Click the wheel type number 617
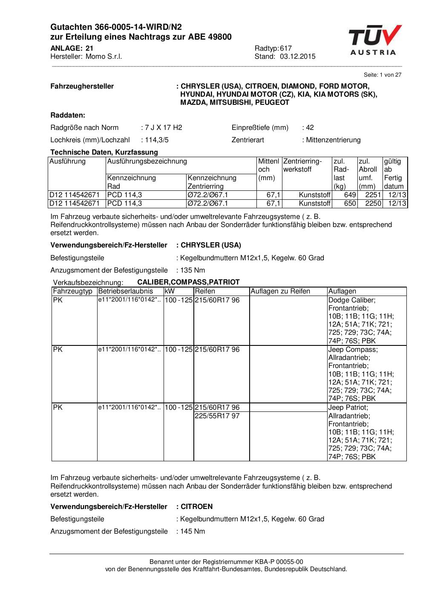click(x=286, y=48)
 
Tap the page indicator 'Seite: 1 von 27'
click(x=383, y=75)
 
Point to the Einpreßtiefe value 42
click(x=310, y=127)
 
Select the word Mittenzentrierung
click(x=334, y=140)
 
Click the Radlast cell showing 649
click(x=350, y=195)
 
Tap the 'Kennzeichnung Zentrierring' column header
click(x=212, y=182)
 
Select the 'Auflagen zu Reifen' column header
click(x=280, y=291)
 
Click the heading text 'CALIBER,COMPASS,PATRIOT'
click(x=188, y=282)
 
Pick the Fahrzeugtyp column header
click(x=72, y=291)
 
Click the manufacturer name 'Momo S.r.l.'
click(x=104, y=57)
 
